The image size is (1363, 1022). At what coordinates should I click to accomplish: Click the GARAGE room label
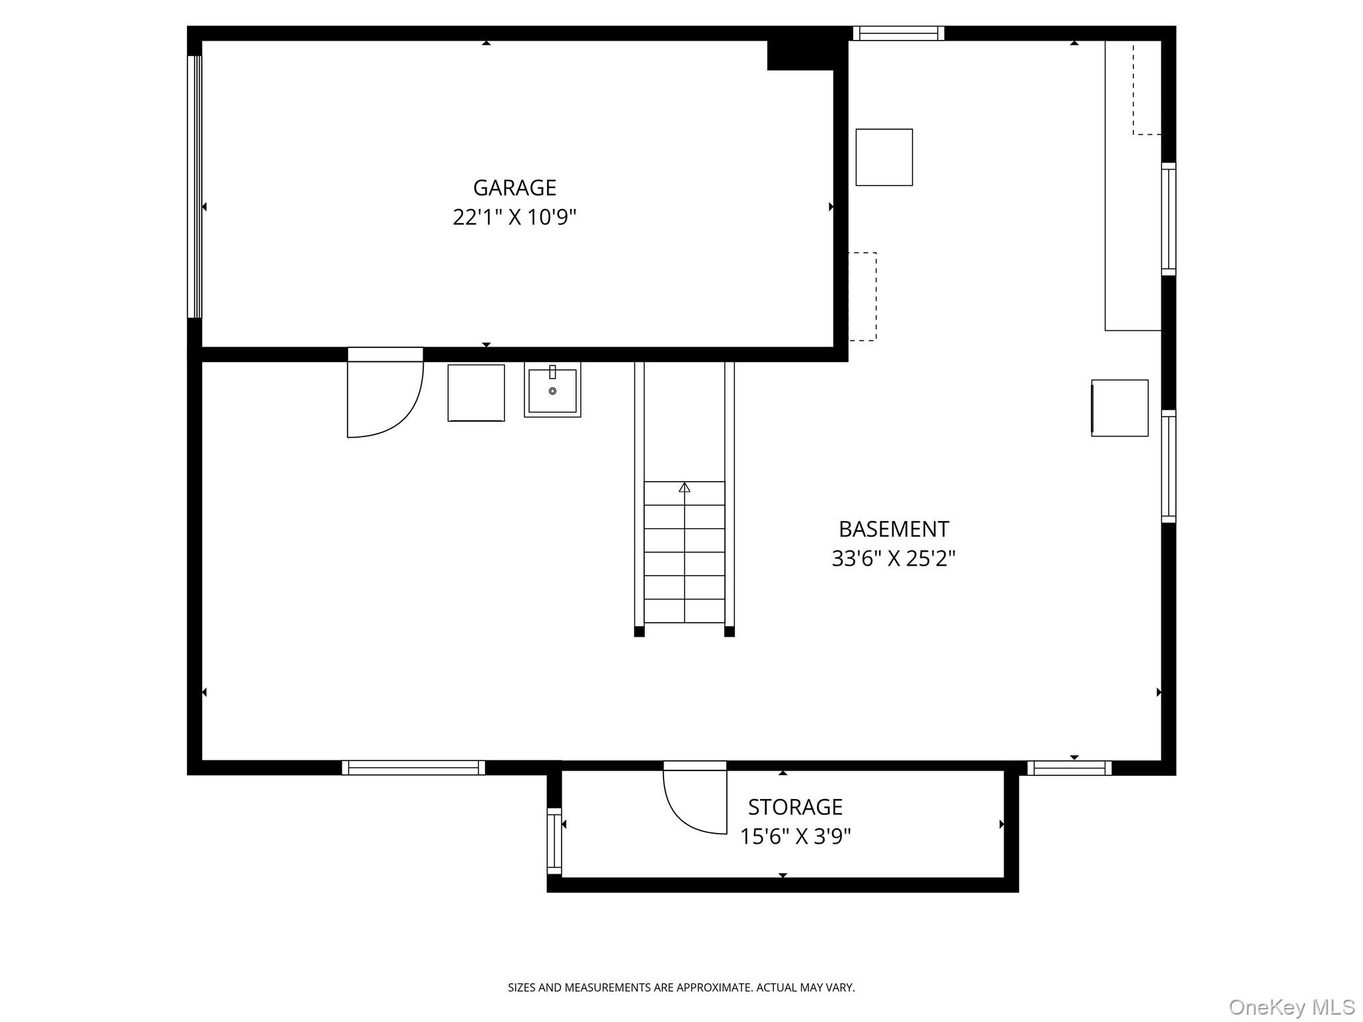point(514,188)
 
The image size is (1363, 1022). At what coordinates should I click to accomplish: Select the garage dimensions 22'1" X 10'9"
point(514,218)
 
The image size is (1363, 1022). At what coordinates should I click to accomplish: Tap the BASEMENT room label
point(893,529)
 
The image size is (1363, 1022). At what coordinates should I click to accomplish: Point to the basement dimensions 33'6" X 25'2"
point(893,558)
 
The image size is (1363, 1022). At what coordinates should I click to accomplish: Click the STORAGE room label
point(795,807)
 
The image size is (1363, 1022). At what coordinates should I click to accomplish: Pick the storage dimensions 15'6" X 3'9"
point(795,836)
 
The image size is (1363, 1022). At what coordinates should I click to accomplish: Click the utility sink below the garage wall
point(552,390)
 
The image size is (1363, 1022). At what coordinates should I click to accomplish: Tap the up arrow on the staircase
point(684,488)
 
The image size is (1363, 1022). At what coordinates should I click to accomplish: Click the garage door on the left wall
point(194,186)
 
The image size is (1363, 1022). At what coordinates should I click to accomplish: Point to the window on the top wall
point(898,33)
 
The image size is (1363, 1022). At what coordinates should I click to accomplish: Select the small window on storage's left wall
point(554,840)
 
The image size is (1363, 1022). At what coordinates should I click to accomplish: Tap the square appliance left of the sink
point(476,393)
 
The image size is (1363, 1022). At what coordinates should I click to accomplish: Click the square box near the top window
point(883,157)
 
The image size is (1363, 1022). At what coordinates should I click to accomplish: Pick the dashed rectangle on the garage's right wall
point(863,297)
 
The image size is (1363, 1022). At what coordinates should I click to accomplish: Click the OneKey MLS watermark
point(1291,1007)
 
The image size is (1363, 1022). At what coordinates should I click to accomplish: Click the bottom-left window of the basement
point(413,768)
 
